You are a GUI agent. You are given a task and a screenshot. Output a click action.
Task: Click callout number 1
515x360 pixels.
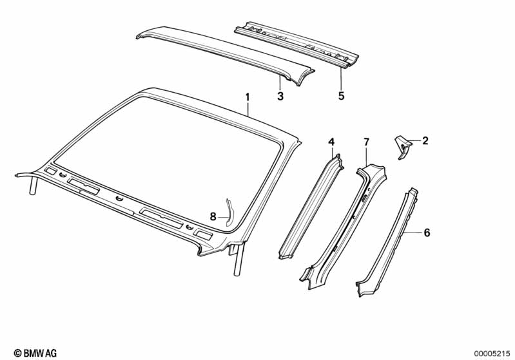coord(247,97)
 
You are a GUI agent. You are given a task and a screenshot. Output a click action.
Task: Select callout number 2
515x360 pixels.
coord(426,140)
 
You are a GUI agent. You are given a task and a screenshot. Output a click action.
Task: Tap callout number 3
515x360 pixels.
coord(280,97)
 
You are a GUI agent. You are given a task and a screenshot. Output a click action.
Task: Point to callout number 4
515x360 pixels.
coord(331,142)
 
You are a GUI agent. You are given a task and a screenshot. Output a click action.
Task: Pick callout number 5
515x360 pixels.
coord(342,97)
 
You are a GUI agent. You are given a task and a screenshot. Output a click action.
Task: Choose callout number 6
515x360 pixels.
coord(426,233)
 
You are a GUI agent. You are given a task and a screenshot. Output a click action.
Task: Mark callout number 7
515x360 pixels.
coord(366,142)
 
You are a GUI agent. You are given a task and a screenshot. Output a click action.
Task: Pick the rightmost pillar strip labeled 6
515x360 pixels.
coord(387,242)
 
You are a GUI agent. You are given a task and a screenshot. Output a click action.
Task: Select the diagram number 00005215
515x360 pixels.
coord(492,352)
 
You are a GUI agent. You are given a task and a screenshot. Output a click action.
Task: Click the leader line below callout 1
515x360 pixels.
coord(247,108)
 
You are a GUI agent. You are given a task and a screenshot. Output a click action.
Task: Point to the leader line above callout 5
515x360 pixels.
coord(342,77)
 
